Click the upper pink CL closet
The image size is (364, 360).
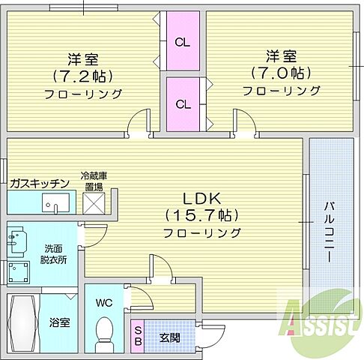tap(183, 42)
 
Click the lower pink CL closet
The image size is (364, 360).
tap(183, 104)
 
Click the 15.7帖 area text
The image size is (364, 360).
tap(201, 216)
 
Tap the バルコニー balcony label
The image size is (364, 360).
tap(330, 231)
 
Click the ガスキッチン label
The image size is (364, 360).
tap(40, 183)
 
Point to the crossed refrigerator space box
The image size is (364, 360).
tap(95, 203)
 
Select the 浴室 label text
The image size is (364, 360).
tap(60, 323)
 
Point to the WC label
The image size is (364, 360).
tap(104, 303)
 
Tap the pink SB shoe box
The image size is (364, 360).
tap(139, 334)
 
